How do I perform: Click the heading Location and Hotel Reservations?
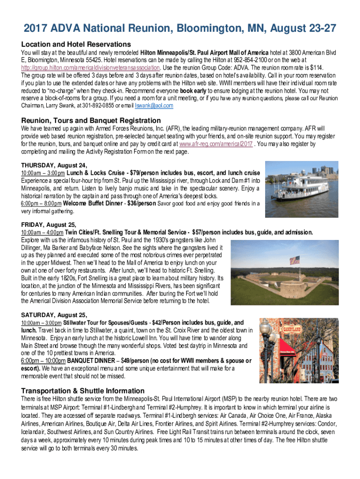pyautogui.click(x=73, y=44)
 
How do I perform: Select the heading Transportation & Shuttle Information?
pyautogui.click(x=83, y=391)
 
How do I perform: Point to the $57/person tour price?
pyautogui.click(x=215, y=232)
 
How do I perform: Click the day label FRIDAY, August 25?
pyautogui.click(x=49, y=225)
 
